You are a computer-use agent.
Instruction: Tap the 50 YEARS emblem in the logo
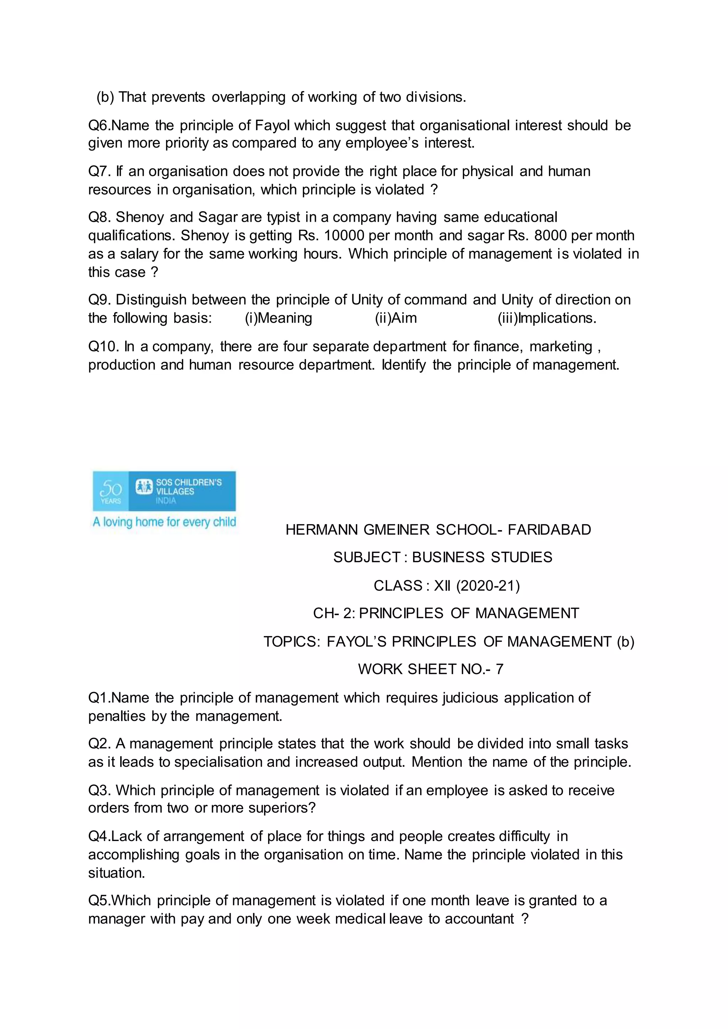(110, 491)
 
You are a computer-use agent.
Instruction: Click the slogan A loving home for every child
(164, 522)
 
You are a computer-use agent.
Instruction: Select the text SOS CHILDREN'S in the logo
(189, 482)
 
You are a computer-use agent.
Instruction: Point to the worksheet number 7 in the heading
(499, 669)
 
